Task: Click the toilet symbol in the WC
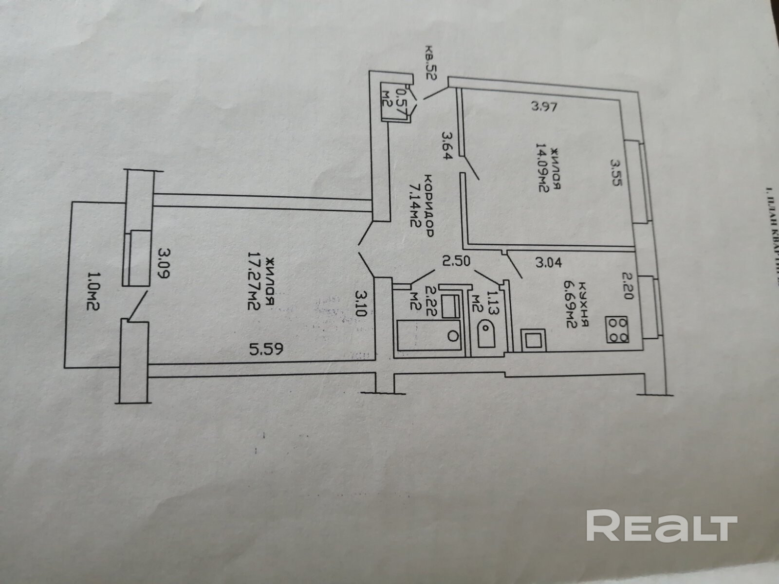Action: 485,333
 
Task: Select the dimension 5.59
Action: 266,348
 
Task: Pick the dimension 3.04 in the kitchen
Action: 549,263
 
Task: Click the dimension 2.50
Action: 456,261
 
